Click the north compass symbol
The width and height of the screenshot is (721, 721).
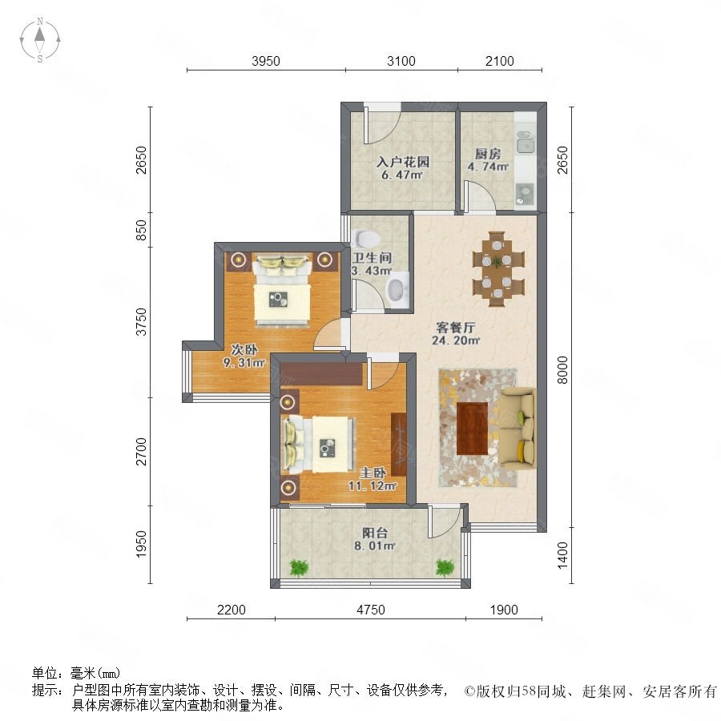click(40, 39)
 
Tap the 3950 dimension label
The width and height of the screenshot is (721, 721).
click(266, 61)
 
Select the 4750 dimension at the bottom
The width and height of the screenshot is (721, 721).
click(371, 610)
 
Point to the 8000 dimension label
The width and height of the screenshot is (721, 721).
click(562, 369)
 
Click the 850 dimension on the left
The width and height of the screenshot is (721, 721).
click(141, 230)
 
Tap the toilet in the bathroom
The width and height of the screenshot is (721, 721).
click(365, 238)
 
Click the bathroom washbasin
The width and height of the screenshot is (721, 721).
click(397, 288)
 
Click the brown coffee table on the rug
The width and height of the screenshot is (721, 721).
click(472, 428)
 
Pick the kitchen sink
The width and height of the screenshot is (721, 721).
click(525, 141)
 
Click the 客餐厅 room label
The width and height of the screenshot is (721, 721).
click(455, 328)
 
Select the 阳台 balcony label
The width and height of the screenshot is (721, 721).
click(375, 533)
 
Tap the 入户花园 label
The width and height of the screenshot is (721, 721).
click(403, 162)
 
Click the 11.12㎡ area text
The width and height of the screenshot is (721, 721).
click(373, 485)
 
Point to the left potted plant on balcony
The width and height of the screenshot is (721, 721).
click(299, 567)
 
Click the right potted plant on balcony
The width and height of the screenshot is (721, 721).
click(445, 567)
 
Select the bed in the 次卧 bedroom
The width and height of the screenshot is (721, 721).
click(282, 291)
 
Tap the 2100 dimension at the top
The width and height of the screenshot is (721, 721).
click(499, 61)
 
